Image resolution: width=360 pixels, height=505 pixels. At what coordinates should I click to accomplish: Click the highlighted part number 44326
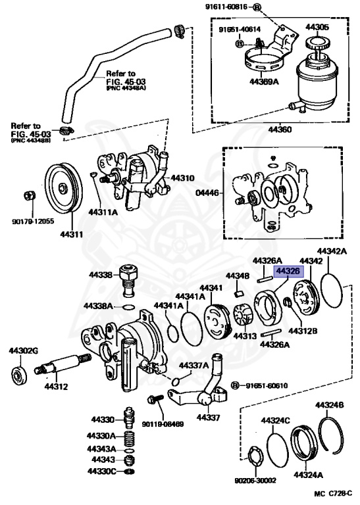286,272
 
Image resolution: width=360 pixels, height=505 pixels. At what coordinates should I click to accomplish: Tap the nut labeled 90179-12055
30,195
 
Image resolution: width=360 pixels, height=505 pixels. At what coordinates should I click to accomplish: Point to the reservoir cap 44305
316,43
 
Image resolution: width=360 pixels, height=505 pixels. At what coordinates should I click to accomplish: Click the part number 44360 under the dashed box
280,130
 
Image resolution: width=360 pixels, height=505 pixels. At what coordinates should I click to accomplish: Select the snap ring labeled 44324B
331,435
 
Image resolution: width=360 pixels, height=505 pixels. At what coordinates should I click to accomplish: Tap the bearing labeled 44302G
19,375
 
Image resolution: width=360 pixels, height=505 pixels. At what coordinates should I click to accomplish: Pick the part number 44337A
194,366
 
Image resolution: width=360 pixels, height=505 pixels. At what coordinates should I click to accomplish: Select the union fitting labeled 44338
128,281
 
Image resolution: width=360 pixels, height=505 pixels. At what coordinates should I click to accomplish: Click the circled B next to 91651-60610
235,385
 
